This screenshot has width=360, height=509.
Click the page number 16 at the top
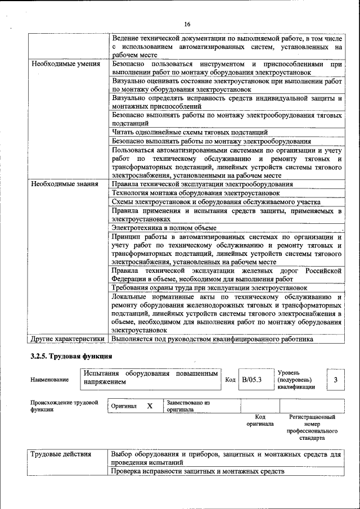point(187,24)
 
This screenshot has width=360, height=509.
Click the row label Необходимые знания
point(62,184)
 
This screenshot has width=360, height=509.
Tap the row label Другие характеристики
point(67,339)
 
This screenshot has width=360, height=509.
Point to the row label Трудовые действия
point(58,454)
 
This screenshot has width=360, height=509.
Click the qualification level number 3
point(335,380)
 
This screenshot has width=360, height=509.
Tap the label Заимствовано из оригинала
point(188,406)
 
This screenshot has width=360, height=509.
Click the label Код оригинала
point(260,421)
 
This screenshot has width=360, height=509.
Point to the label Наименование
point(50,380)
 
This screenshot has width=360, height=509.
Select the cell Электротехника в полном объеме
point(164,228)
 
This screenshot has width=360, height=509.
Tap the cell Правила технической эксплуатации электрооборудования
point(202,184)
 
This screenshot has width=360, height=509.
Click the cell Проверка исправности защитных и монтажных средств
point(197,471)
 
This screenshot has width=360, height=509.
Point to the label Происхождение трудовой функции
point(64,406)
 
